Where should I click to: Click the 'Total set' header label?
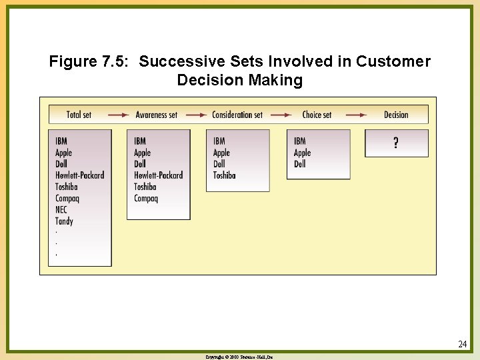pyautogui.click(x=79, y=115)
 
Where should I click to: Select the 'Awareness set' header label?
pyautogui.click(x=157, y=115)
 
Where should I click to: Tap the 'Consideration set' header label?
pyautogui.click(x=237, y=115)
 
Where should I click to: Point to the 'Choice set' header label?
pyautogui.click(x=317, y=115)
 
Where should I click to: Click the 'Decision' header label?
pyautogui.click(x=396, y=115)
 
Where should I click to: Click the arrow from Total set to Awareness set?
pyautogui.click(x=118, y=115)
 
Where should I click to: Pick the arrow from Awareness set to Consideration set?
pyautogui.click(x=196, y=115)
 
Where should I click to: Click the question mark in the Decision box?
pyautogui.click(x=396, y=143)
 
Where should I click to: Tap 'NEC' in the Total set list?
pyautogui.click(x=61, y=209)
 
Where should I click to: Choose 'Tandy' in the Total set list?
pyautogui.click(x=64, y=221)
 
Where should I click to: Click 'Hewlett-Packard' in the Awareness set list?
pyautogui.click(x=158, y=175)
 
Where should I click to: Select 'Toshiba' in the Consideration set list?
pyautogui.click(x=224, y=175)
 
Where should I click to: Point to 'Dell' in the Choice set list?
pyautogui.click(x=300, y=163)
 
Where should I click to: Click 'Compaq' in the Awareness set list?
pyautogui.click(x=146, y=198)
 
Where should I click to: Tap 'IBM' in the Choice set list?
pyautogui.click(x=300, y=141)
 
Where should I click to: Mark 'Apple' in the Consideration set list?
pyautogui.click(x=221, y=153)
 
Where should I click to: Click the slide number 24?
pyautogui.click(x=463, y=344)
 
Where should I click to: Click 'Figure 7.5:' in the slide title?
pyautogui.click(x=91, y=62)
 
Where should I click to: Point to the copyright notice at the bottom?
pyautogui.click(x=239, y=357)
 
